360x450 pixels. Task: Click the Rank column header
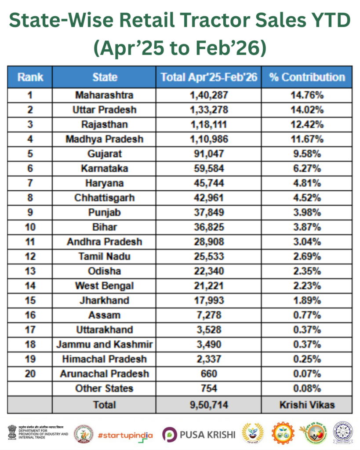[30, 77]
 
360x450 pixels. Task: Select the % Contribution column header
[307, 77]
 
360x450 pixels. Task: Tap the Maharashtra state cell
[104, 95]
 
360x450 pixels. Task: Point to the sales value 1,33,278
[209, 109]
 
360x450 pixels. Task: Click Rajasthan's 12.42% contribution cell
[307, 124]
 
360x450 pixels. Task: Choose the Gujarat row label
[104, 154]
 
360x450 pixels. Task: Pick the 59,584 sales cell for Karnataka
[209, 168]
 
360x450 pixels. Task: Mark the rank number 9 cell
[30, 212]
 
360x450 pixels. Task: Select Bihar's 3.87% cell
[307, 227]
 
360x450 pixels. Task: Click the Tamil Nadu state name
[104, 257]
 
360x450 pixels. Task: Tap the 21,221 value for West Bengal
[209, 286]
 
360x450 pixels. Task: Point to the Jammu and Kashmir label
[104, 345]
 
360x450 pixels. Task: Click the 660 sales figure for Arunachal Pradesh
[209, 374]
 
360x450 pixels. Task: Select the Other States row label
[104, 388]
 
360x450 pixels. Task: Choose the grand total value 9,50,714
[209, 405]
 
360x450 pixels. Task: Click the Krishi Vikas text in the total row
[307, 405]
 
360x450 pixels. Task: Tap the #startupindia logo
[125, 435]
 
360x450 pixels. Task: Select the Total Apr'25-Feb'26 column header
[209, 77]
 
